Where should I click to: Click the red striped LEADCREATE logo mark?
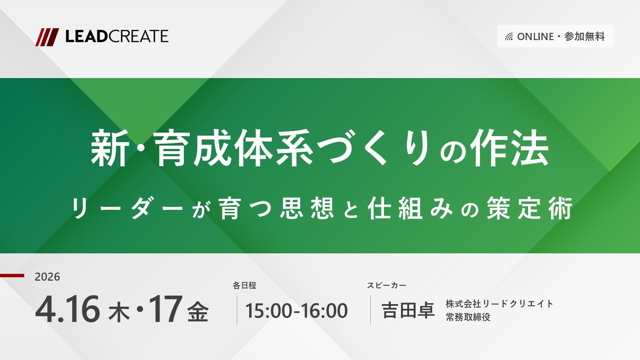click(x=47, y=37)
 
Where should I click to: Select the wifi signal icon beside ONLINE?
click(x=509, y=37)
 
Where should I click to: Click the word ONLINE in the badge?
click(x=535, y=37)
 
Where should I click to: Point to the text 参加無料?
click(x=585, y=37)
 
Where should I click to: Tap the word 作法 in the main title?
click(x=509, y=148)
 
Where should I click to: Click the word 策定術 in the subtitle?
click(x=529, y=208)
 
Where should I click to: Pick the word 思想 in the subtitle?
click(x=307, y=208)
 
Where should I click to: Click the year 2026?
click(x=47, y=277)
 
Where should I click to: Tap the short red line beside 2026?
click(x=12, y=276)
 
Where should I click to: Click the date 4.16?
click(x=67, y=310)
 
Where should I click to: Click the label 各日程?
click(x=244, y=285)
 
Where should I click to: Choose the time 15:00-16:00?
click(x=297, y=311)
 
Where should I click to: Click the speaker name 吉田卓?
click(x=408, y=310)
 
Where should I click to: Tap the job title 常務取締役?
click(x=468, y=317)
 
